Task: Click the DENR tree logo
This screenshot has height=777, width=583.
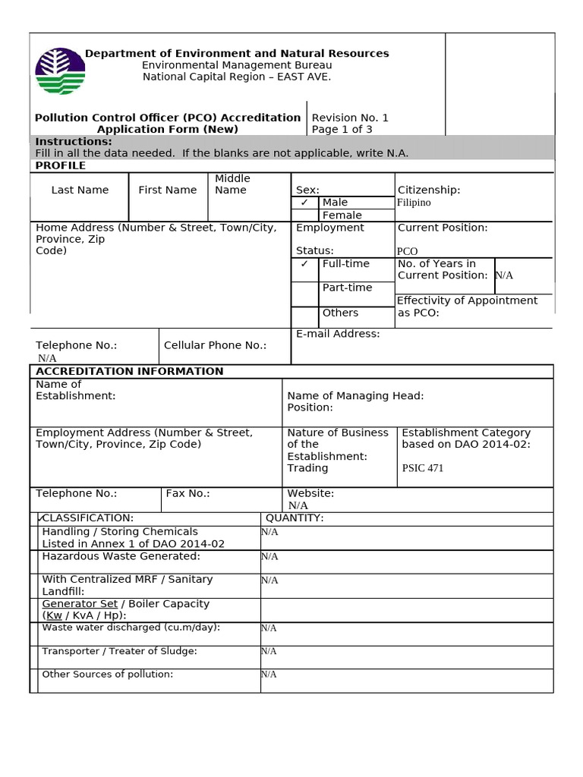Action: click(x=60, y=71)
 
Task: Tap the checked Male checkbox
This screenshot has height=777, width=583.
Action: click(x=304, y=203)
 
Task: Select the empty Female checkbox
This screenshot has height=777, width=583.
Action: click(x=304, y=215)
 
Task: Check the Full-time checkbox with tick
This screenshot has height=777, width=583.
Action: click(x=304, y=264)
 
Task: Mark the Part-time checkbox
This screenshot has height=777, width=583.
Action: click(x=304, y=293)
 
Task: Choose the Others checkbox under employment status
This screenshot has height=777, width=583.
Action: click(x=304, y=316)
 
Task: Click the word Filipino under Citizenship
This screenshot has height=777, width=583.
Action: click(x=414, y=203)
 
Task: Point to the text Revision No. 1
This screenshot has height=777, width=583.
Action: click(x=350, y=118)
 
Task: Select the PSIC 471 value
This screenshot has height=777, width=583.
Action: click(x=423, y=468)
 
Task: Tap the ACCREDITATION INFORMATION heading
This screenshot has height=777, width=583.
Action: click(x=130, y=371)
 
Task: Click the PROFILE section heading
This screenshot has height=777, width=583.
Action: click(x=61, y=165)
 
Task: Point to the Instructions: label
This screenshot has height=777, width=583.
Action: click(x=74, y=142)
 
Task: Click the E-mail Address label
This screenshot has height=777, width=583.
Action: click(x=338, y=334)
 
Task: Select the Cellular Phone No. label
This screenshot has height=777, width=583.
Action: click(x=215, y=345)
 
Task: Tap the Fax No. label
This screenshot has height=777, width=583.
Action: click(x=188, y=493)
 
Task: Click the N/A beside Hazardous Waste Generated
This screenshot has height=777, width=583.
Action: click(x=269, y=556)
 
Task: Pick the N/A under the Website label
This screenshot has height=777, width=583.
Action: click(x=298, y=505)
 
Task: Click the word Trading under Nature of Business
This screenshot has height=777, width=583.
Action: click(x=307, y=468)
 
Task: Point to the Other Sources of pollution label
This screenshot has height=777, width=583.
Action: click(x=107, y=674)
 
